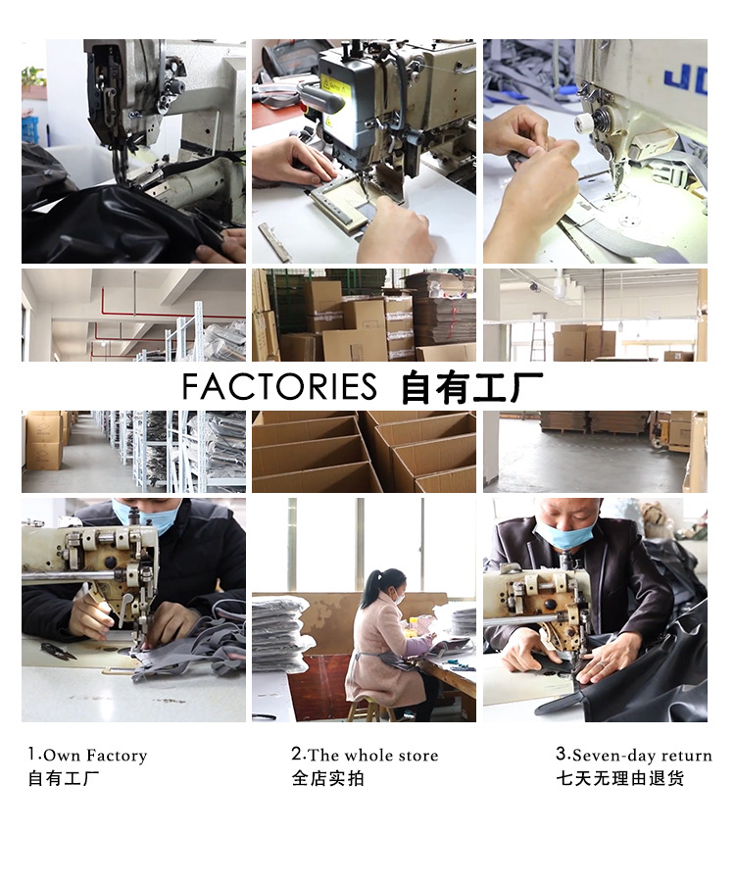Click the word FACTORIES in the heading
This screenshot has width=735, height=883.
[x=279, y=386]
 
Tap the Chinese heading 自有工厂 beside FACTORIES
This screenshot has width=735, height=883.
[x=472, y=387]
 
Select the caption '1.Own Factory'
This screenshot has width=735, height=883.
[x=87, y=755]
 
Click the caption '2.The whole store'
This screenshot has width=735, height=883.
[x=365, y=755]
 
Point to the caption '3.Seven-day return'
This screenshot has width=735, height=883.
[x=634, y=755]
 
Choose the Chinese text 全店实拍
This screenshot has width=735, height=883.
[x=327, y=779]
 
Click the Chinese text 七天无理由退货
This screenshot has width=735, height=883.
[x=619, y=779]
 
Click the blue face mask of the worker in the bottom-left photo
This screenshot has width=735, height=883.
[x=145, y=517]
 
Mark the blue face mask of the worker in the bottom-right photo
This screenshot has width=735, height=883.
[x=564, y=534]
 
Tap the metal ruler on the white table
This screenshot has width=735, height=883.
[x=274, y=243]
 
